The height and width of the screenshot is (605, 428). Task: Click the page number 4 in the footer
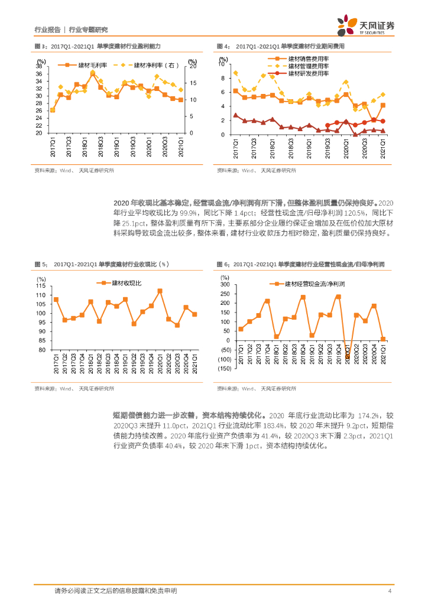pyautogui.click(x=390, y=591)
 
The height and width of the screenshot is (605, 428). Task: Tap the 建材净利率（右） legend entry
pyautogui.click(x=154, y=65)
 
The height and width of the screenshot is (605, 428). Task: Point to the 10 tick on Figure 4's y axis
pyautogui.click(x=222, y=64)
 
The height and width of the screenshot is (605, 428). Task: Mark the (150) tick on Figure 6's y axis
pyautogui.click(x=224, y=369)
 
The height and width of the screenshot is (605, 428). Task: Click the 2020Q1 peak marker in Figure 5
pyautogui.click(x=160, y=291)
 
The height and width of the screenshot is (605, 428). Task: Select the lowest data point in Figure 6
pyautogui.click(x=347, y=356)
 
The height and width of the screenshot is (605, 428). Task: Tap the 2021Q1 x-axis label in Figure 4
pyautogui.click(x=383, y=145)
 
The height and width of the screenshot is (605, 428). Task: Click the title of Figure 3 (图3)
pyautogui.click(x=98, y=46)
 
